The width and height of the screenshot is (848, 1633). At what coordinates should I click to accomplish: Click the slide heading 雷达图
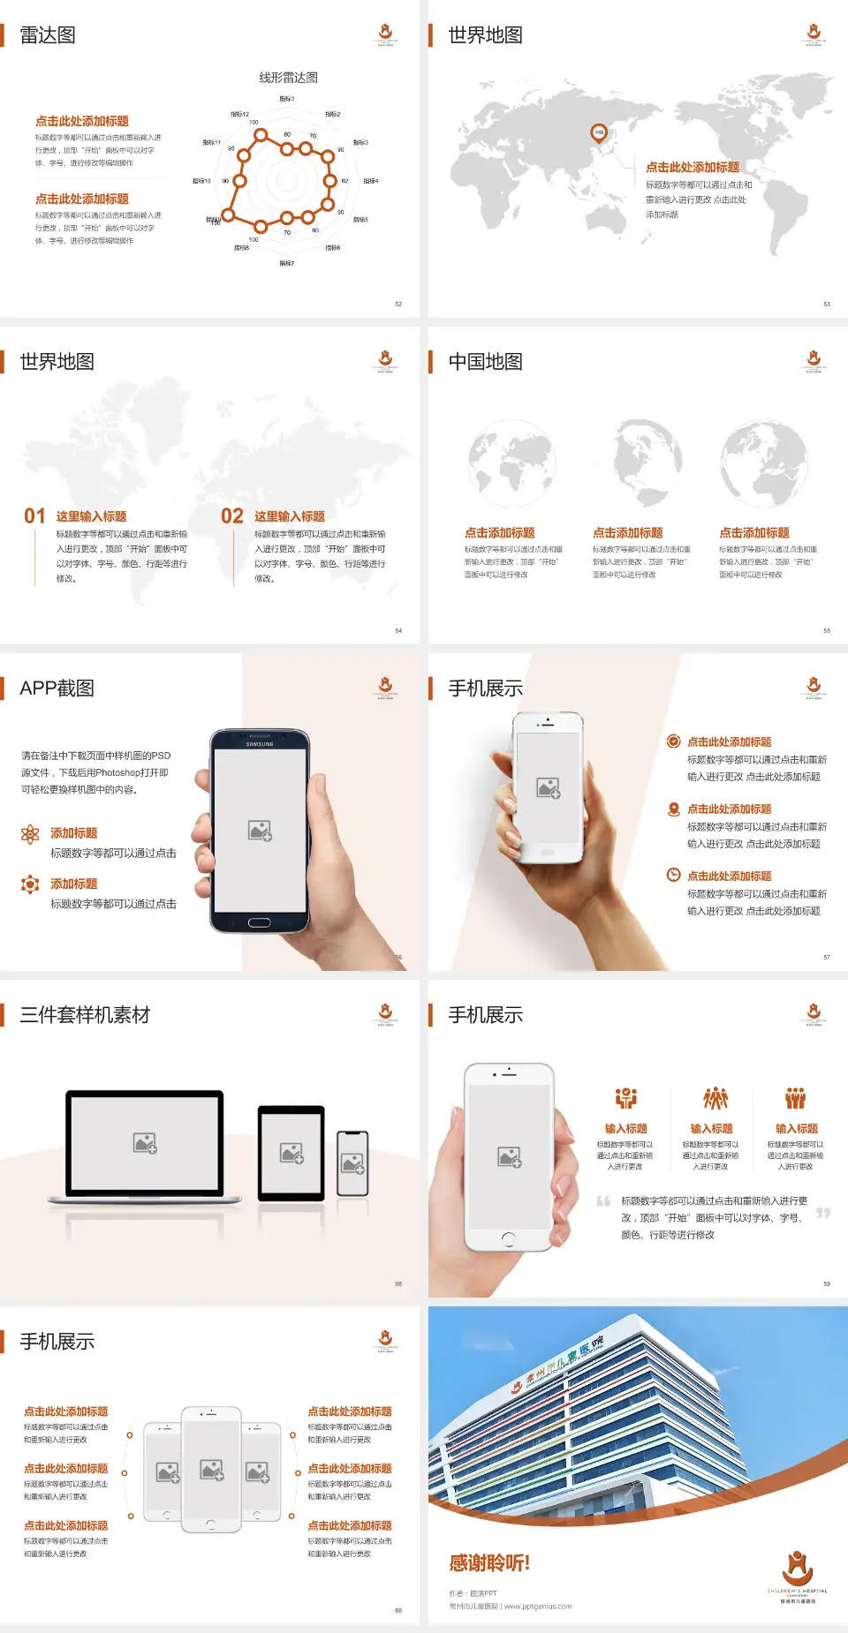click(x=48, y=35)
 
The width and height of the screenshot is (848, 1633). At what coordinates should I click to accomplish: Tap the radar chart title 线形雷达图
click(x=288, y=78)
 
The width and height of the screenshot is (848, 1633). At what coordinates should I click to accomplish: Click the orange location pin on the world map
click(x=599, y=133)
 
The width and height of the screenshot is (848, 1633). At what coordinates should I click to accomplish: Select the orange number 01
click(x=34, y=516)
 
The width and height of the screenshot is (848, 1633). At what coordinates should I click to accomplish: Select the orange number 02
click(x=232, y=516)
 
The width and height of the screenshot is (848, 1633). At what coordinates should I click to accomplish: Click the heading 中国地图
click(x=485, y=362)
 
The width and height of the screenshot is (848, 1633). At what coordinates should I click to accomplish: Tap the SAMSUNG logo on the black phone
click(x=260, y=744)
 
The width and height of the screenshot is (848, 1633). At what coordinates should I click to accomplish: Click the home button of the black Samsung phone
click(x=259, y=922)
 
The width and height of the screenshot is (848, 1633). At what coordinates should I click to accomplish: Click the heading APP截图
click(x=57, y=689)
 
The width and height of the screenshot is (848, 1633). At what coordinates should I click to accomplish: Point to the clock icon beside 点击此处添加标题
click(x=673, y=875)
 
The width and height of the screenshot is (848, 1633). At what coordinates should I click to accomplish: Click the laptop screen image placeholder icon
click(x=145, y=1143)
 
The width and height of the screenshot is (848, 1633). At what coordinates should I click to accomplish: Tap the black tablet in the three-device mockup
click(x=291, y=1153)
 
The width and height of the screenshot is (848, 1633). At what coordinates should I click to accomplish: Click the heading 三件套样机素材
click(x=85, y=1015)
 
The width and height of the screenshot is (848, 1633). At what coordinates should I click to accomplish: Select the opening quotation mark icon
click(x=603, y=1201)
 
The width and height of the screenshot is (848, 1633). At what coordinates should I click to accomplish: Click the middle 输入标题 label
click(x=711, y=1128)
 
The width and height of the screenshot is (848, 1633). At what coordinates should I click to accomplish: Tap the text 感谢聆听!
click(x=489, y=1563)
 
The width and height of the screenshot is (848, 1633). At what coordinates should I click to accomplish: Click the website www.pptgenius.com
click(x=538, y=1607)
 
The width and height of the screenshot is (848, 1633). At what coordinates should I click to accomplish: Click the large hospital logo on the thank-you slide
click(x=797, y=1569)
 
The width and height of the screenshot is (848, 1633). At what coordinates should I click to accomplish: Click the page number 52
click(x=398, y=304)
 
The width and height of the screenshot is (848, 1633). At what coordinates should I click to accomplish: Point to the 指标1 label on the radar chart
click(x=287, y=99)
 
